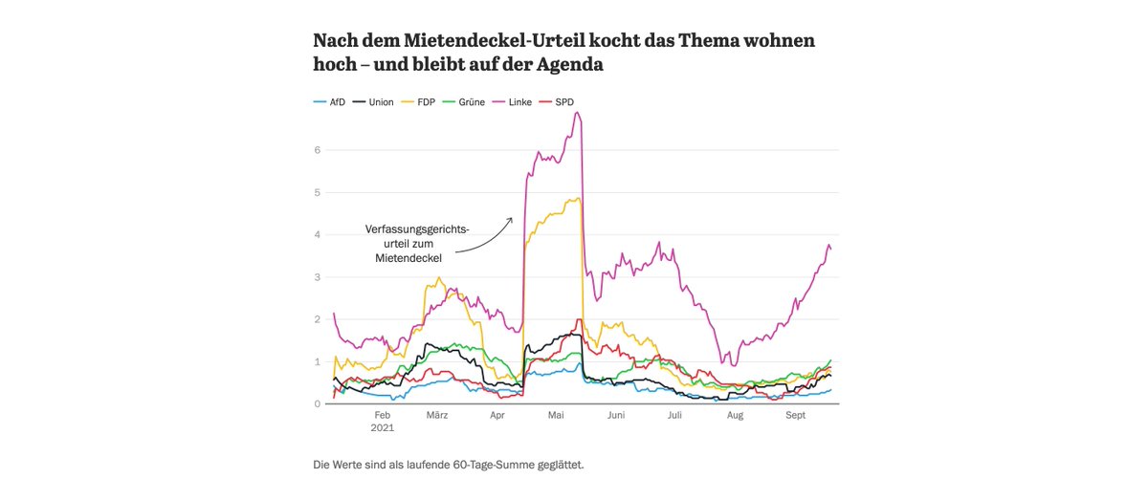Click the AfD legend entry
tap(329, 101)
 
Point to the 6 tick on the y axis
tap(318, 150)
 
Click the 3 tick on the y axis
tap(318, 277)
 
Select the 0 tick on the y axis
tap(318, 404)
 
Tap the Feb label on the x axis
tap(383, 416)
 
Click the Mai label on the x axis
tap(557, 416)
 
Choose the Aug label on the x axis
tap(735, 416)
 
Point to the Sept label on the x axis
tap(796, 416)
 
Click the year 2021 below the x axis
tap(383, 428)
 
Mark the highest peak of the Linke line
tap(577, 113)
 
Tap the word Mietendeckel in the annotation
tap(408, 258)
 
